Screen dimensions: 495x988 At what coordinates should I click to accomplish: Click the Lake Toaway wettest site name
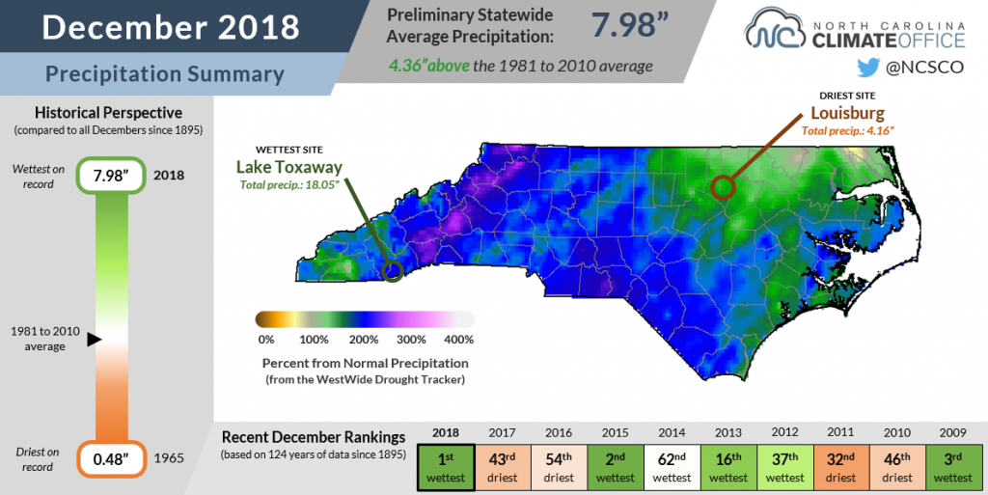click(288, 167)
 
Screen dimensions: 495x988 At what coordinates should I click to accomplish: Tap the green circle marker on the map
click(392, 271)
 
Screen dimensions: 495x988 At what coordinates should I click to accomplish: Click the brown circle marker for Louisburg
click(723, 186)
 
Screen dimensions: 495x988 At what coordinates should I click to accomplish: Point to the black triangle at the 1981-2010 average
click(94, 339)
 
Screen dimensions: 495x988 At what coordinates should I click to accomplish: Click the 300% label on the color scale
click(411, 340)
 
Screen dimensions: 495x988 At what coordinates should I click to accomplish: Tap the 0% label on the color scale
click(266, 340)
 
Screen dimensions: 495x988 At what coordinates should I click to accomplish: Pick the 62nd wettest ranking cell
click(671, 468)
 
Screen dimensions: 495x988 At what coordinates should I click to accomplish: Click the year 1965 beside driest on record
click(169, 457)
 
